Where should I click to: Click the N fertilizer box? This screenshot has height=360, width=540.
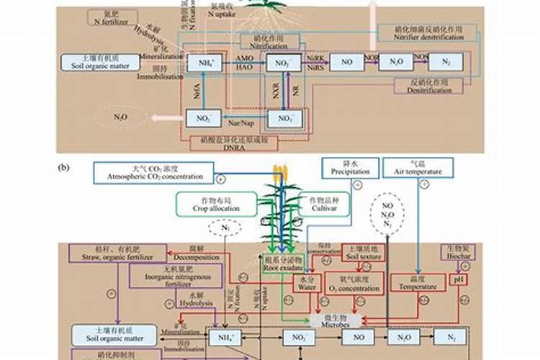tap(112, 18)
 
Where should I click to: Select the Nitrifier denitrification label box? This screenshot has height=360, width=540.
tap(428, 33)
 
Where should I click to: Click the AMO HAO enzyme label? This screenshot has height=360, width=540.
tap(244, 63)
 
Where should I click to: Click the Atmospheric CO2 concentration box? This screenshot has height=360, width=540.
tap(153, 173)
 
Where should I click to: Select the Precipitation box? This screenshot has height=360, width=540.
tap(351, 168)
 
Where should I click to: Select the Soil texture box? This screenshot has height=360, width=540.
tap(364, 252)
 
